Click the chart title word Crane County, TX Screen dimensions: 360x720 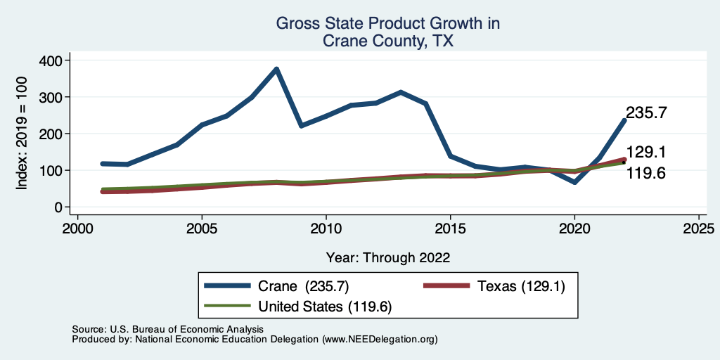(x=387, y=41)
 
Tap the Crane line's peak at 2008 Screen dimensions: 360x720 (x=276, y=69)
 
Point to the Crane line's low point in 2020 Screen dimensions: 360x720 (x=574, y=182)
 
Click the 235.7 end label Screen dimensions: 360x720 (x=646, y=112)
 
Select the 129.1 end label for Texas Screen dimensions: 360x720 (x=646, y=153)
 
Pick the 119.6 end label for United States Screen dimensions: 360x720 (x=646, y=173)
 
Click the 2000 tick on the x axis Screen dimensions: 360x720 (x=77, y=229)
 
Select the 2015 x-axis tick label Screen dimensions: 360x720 (x=450, y=229)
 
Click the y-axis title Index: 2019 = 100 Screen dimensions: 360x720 (x=22, y=134)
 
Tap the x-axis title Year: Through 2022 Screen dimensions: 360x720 (x=388, y=257)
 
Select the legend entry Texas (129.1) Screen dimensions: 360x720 (x=520, y=286)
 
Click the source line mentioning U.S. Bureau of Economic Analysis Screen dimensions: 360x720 (x=167, y=329)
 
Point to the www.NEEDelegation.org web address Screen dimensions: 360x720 (x=380, y=339)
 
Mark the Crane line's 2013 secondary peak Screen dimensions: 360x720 (x=401, y=92)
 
